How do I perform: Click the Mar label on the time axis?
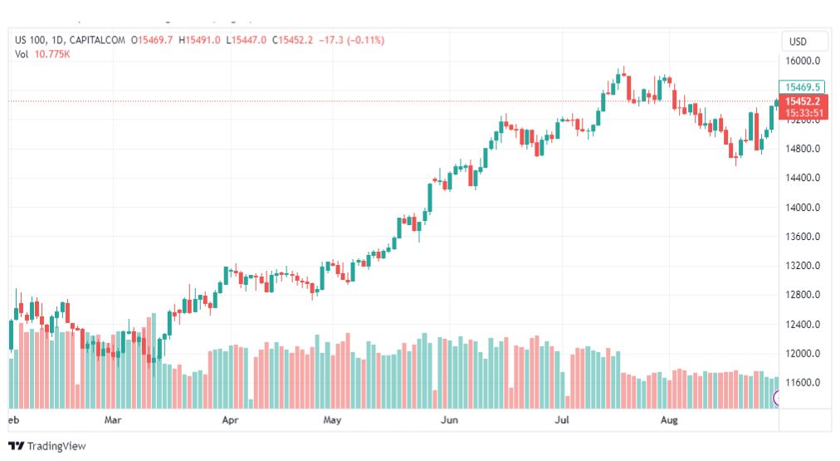113,420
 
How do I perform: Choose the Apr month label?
230,420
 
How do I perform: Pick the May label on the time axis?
332,420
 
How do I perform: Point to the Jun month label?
449,420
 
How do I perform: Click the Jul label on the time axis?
561,420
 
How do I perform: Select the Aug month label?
670,420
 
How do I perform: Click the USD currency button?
798,42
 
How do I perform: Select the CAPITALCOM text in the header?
98,40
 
